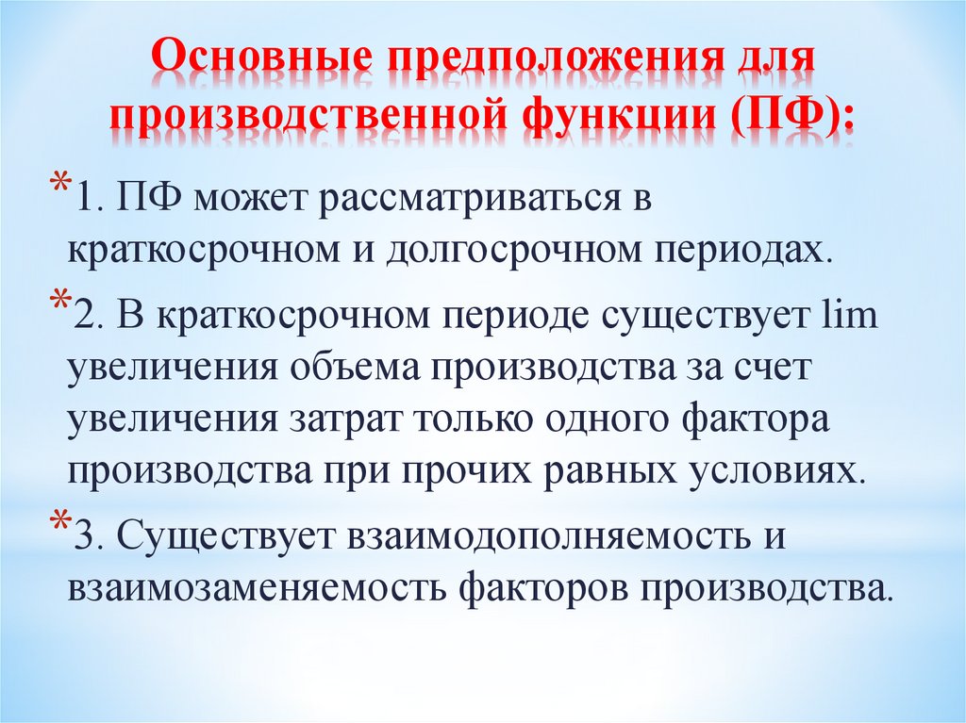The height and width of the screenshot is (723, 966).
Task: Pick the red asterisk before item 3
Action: tap(58, 523)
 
